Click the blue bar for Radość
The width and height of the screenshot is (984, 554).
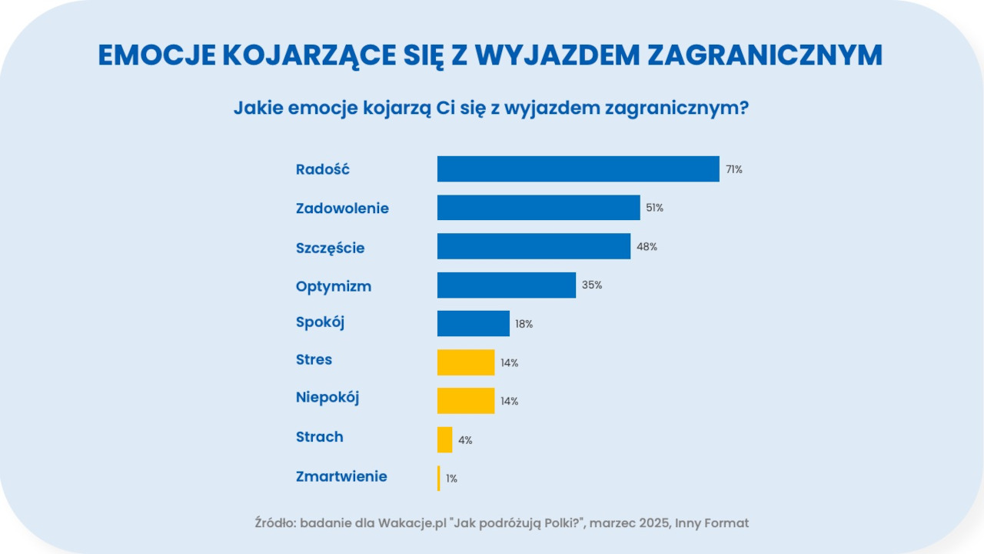click(x=578, y=169)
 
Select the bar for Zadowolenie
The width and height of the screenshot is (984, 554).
click(x=538, y=208)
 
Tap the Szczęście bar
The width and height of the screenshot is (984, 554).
click(x=534, y=246)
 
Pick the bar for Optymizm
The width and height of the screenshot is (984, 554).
click(x=506, y=285)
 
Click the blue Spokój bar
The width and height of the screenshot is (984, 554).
click(x=473, y=324)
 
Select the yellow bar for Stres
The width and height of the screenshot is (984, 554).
click(x=465, y=362)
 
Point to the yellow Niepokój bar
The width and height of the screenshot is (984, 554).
click(x=465, y=401)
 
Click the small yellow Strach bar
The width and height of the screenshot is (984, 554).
click(x=444, y=439)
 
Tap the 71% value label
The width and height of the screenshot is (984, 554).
click(x=733, y=170)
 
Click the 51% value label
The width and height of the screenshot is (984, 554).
click(x=654, y=209)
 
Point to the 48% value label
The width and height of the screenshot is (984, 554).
click(x=647, y=247)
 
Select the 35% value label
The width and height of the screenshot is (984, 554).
click(x=591, y=285)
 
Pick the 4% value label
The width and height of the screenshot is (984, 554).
click(x=465, y=440)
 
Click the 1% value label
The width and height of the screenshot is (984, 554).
click(x=451, y=479)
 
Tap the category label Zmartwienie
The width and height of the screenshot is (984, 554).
click(x=341, y=477)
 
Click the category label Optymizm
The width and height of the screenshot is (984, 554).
click(x=334, y=286)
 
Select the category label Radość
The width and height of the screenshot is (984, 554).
click(x=323, y=170)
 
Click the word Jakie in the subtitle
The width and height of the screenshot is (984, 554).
click(x=258, y=108)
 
